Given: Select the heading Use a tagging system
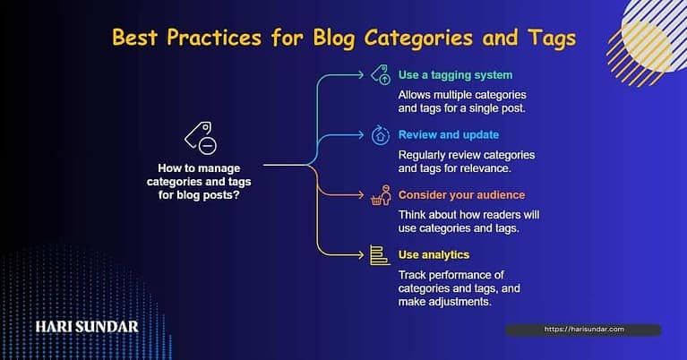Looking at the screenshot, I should point(456,75).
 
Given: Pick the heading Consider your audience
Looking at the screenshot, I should point(462,195).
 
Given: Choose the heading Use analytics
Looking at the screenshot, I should point(434,255).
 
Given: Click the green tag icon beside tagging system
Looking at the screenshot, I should point(379,76).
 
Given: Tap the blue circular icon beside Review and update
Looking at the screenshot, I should point(379,136).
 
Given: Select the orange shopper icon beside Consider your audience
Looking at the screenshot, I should point(380,195).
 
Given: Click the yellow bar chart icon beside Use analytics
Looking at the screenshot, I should point(379,255).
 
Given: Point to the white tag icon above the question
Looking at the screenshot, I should point(200,136).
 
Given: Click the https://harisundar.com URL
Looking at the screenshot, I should point(582,330).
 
